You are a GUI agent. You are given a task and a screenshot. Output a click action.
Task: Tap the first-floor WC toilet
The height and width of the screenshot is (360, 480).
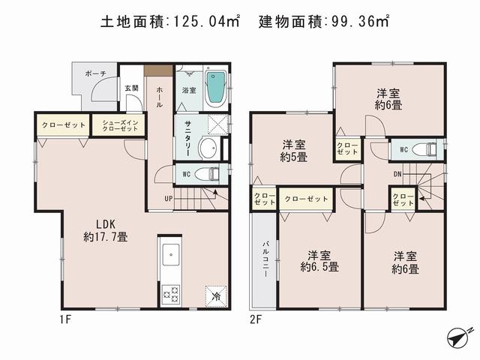coord(213,173)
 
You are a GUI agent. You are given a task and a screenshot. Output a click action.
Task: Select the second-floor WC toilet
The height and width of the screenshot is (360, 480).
coord(427,149)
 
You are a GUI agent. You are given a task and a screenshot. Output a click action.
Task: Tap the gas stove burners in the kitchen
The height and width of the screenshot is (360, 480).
coord(170,292)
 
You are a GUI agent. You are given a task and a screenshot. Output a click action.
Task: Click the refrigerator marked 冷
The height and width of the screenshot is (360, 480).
coord(213,294)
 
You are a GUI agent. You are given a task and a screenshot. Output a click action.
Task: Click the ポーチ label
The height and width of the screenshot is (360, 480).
coord(94,73)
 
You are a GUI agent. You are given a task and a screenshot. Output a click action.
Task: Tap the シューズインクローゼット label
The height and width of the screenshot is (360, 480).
coord(118,125)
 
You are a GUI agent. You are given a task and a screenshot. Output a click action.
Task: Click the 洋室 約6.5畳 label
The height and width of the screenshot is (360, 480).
coord(319,259)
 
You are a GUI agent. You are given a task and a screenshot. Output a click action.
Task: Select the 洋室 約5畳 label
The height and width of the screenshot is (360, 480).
coord(293,150)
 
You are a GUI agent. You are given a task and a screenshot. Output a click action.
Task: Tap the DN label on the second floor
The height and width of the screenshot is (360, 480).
coord(397,175)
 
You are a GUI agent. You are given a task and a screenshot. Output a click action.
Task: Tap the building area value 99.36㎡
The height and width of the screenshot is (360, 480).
coord(361,22)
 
